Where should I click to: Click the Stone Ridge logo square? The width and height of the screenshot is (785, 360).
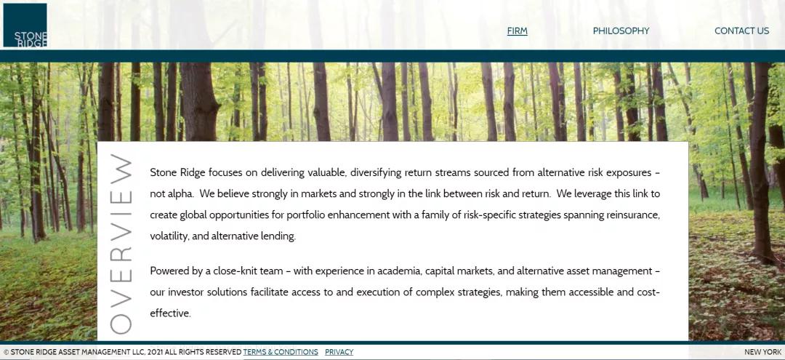[25, 25]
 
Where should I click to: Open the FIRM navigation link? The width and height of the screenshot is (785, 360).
[518, 31]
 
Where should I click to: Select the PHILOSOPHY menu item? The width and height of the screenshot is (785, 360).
[621, 31]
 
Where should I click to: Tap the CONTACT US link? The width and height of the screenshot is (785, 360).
[741, 31]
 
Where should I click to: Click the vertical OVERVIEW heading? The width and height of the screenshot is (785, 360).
[121, 244]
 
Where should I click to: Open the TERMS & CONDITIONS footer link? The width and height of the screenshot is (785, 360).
[281, 352]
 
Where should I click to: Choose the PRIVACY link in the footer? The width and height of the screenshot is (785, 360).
[339, 352]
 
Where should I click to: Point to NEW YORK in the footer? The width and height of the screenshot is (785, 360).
[762, 352]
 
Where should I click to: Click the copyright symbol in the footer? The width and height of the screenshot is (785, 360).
[6, 352]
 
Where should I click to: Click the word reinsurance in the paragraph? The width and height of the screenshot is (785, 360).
[627, 215]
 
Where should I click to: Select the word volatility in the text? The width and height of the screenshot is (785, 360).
[169, 236]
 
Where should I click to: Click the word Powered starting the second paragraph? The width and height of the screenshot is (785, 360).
[170, 271]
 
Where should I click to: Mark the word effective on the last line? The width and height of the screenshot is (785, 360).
[170, 313]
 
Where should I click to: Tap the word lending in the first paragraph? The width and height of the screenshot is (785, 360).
[277, 236]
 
